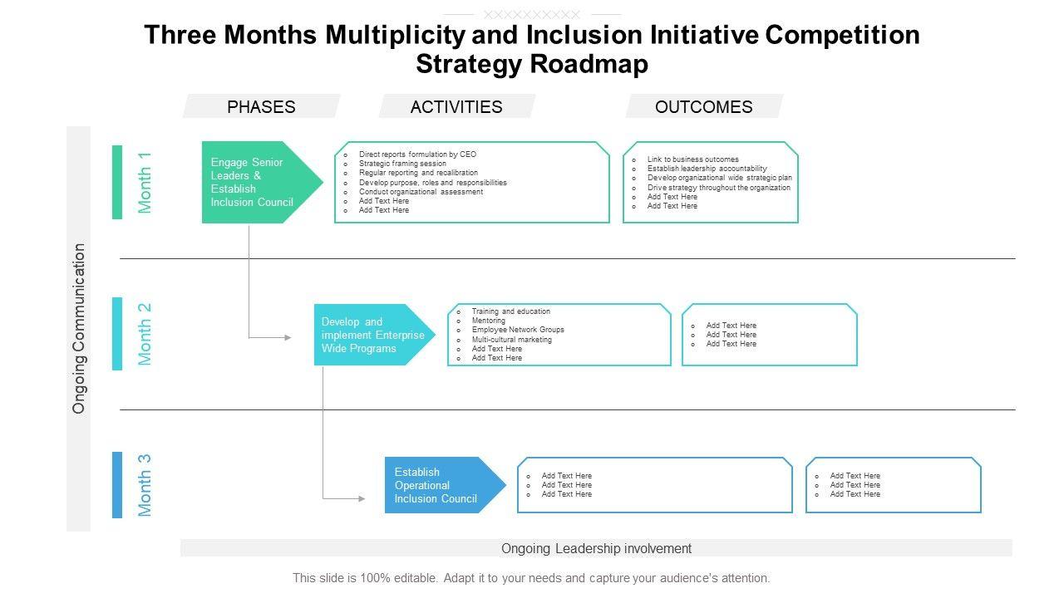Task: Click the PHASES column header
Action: pos(261,106)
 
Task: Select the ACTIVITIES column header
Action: pos(456,106)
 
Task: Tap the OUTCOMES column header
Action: pos(703,106)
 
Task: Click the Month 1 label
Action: pos(145,183)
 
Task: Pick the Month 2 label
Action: pos(145,334)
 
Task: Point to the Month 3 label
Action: pos(145,485)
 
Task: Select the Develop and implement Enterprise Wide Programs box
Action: pos(372,335)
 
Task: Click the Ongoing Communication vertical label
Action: pos(79,328)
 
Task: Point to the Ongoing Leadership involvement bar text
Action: pos(596,548)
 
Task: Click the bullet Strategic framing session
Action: pos(402,164)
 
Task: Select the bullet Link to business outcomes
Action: pos(692,159)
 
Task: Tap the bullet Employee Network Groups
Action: pos(518,330)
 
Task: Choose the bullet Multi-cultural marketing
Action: pos(511,340)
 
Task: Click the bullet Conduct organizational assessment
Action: pos(421,192)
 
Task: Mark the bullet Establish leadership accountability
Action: pos(707,169)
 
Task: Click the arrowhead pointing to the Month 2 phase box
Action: pos(288,337)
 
